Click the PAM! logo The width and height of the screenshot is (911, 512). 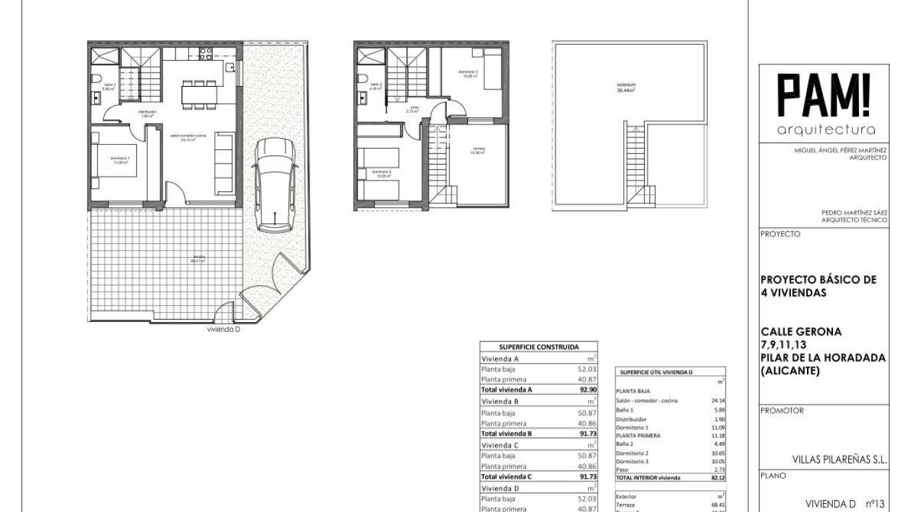point(825,96)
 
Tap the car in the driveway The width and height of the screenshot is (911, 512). point(274,185)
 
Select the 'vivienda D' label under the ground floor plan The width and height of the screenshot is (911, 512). point(224,329)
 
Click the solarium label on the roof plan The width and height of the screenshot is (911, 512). point(625,87)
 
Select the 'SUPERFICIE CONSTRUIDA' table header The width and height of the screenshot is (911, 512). point(539,347)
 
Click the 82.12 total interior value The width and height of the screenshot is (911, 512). point(718,478)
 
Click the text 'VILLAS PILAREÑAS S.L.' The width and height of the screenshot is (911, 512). point(839,459)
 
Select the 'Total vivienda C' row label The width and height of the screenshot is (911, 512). point(506,477)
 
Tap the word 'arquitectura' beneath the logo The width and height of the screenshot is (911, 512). point(826,129)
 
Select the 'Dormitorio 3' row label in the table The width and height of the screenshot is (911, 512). point(632,461)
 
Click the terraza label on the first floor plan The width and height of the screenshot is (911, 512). point(478,149)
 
